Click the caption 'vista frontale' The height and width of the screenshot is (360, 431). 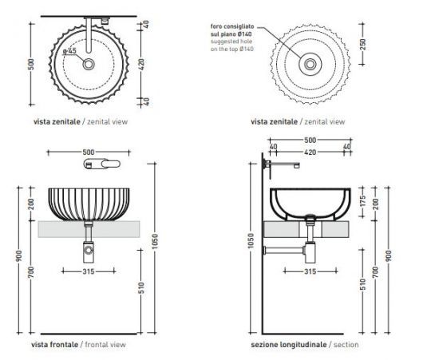coord(54,344)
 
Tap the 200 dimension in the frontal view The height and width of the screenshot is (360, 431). coord(31,204)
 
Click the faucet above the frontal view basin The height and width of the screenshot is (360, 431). coord(99,164)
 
